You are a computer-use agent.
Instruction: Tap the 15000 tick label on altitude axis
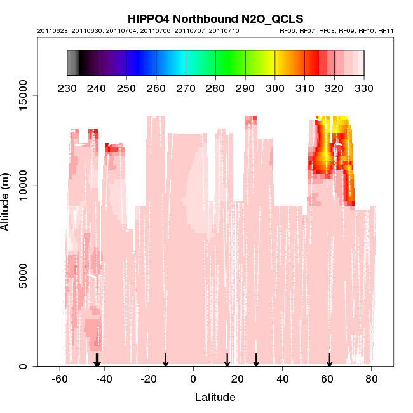[24, 95]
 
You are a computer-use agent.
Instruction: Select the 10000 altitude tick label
[24, 186]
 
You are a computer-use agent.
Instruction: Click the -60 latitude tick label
[59, 379]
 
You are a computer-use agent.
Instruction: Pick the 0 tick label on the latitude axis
[193, 379]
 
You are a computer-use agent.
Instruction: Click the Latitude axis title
[215, 397]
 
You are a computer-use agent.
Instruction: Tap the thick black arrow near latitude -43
[97, 360]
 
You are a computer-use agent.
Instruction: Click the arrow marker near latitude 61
[329, 360]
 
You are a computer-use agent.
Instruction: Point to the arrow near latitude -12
[165, 360]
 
